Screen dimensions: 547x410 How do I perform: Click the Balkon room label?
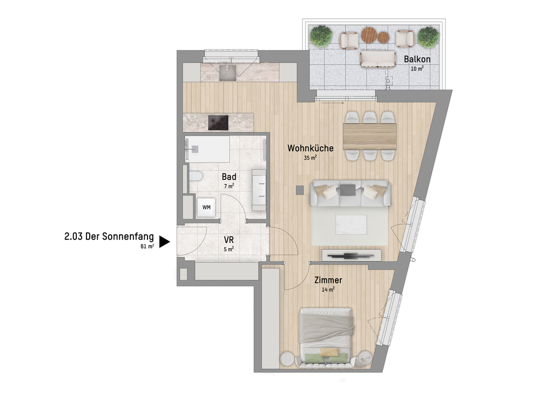click(417, 59)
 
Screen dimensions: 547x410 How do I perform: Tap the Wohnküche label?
click(310, 148)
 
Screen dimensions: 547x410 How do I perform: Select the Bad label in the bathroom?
click(229, 177)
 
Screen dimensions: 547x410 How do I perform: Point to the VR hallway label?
click(229, 240)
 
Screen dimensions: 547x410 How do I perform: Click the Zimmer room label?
click(328, 280)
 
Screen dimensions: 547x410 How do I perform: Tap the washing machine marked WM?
click(206, 207)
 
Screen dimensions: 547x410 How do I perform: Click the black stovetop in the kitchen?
click(218, 123)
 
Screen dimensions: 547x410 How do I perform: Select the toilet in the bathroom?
click(196, 176)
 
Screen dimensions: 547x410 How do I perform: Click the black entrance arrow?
click(165, 242)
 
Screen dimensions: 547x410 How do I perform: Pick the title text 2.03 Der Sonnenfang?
click(109, 236)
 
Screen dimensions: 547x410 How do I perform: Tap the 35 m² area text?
click(310, 158)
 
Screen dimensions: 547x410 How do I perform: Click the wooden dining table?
click(370, 136)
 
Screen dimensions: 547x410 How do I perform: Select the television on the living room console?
click(350, 256)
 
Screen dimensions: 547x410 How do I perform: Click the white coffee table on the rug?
click(351, 225)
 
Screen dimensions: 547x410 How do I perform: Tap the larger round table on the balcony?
click(369, 35)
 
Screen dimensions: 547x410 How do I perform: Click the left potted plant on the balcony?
click(321, 36)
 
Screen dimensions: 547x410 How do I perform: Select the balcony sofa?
click(378, 59)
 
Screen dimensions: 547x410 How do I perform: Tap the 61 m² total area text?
click(147, 247)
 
